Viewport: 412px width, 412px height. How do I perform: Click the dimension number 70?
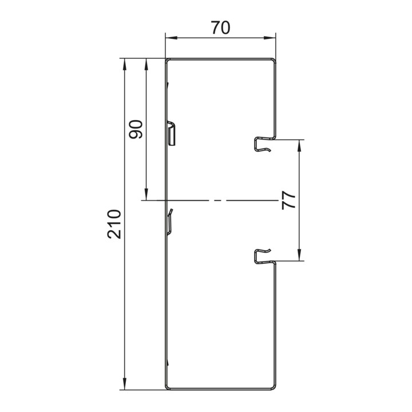tap(221, 27)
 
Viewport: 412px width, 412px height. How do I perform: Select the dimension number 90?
tap(136, 129)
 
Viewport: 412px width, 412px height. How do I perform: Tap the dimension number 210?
tap(114, 224)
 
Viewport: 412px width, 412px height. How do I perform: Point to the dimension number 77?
tap(288, 200)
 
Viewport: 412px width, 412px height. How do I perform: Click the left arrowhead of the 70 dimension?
tap(171, 38)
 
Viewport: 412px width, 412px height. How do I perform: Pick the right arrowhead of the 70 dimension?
tap(270, 38)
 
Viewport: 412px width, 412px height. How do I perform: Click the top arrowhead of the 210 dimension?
tap(125, 64)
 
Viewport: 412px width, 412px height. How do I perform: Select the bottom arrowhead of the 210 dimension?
tap(125, 384)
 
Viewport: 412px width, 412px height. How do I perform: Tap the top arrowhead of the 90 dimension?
tap(146, 64)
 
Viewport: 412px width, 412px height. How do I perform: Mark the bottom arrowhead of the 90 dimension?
tap(146, 195)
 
